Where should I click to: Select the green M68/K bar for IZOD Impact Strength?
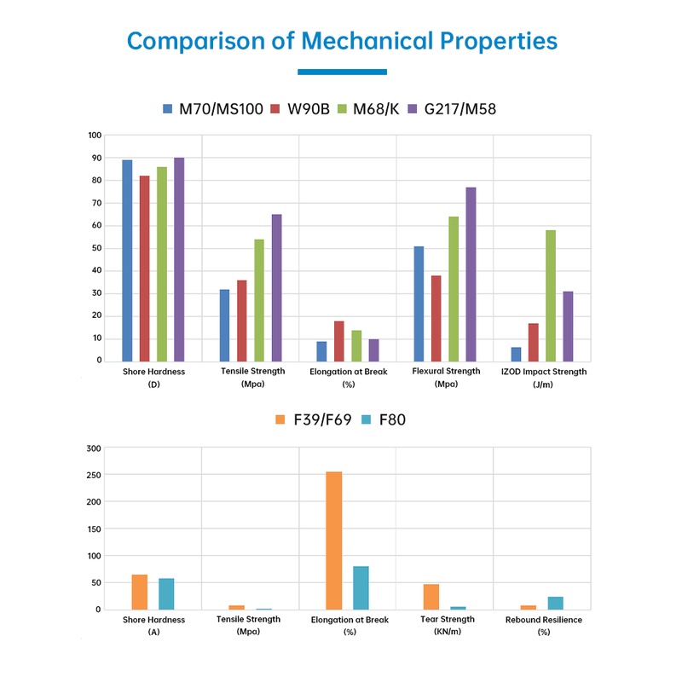coord(551,295)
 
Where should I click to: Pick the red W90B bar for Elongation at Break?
coord(339,340)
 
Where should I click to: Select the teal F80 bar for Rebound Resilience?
coord(556,603)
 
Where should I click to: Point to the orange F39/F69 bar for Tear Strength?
coord(431,597)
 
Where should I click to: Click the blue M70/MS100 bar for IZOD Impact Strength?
coord(516,354)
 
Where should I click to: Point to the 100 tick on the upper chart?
coord(94,136)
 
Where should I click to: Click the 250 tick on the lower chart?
coord(94,474)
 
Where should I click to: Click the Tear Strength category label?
coord(448,620)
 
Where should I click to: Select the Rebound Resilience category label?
coord(544,620)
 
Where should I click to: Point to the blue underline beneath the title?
coord(342,72)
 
